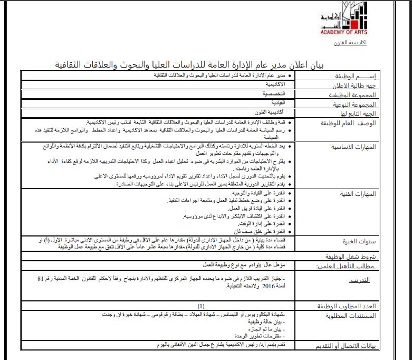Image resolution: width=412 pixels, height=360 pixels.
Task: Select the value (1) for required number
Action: pos(201,306)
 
